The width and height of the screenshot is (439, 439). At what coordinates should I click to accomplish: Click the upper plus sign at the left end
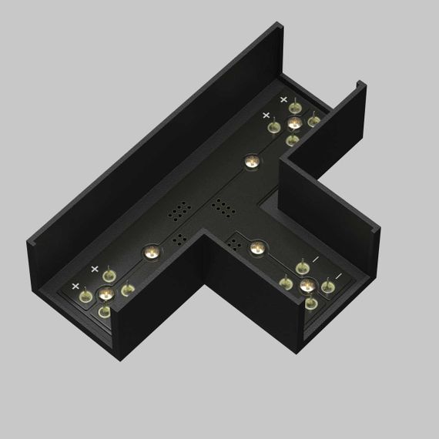[x=95, y=269]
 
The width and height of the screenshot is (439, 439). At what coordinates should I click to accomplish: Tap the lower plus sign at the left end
[x=75, y=286]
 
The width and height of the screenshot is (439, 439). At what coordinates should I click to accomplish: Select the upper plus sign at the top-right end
[x=283, y=100]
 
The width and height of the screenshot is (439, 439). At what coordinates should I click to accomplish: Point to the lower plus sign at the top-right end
[x=266, y=116]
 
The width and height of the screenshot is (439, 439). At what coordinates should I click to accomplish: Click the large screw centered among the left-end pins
[x=106, y=293]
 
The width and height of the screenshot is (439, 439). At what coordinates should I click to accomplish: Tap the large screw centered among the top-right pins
[x=293, y=123]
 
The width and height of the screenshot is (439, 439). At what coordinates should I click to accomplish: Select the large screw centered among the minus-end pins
[x=307, y=286]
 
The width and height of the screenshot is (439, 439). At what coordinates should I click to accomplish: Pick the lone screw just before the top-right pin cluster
[x=251, y=162]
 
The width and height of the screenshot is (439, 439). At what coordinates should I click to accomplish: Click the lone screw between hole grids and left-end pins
[x=151, y=251]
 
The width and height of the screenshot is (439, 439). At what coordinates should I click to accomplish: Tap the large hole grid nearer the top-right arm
[x=223, y=208]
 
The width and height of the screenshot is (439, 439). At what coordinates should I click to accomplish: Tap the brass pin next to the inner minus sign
[x=302, y=267]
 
